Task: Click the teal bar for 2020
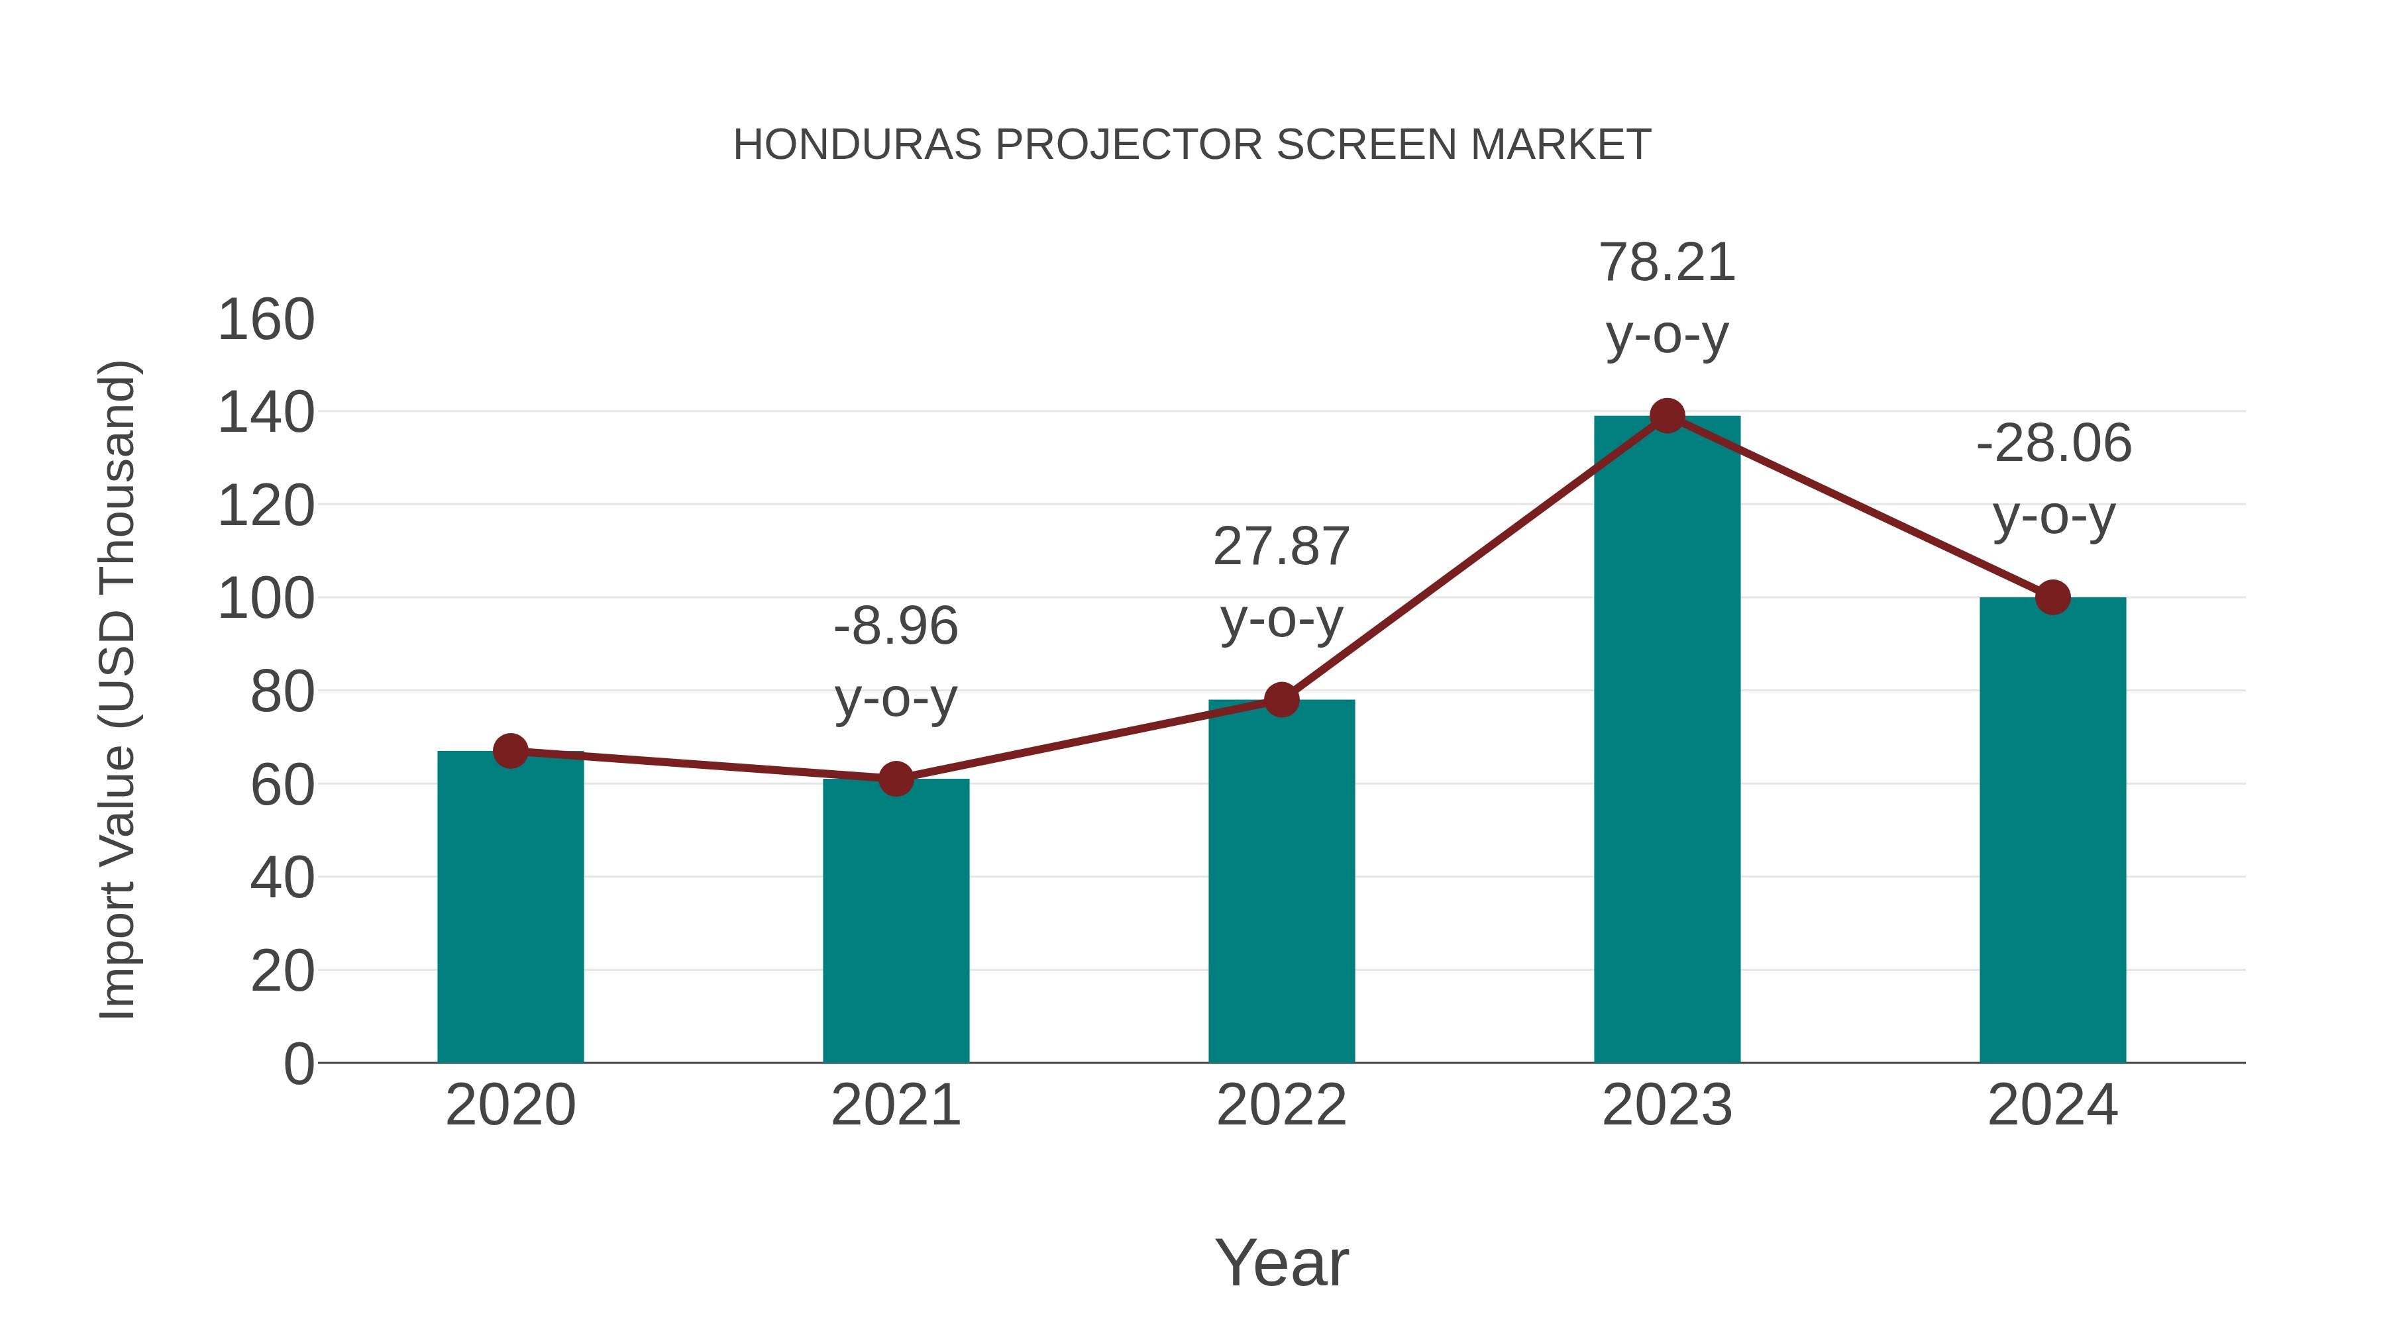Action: [510, 907]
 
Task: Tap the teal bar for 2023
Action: [1667, 740]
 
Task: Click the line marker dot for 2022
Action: [1281, 700]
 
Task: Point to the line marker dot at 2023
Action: [1667, 417]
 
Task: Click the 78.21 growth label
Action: [1667, 263]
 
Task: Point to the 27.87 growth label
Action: [1281, 547]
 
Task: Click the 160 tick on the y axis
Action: [266, 321]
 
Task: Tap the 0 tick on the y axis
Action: [298, 1064]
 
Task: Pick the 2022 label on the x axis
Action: [1281, 1105]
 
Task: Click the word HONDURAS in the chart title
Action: [857, 145]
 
